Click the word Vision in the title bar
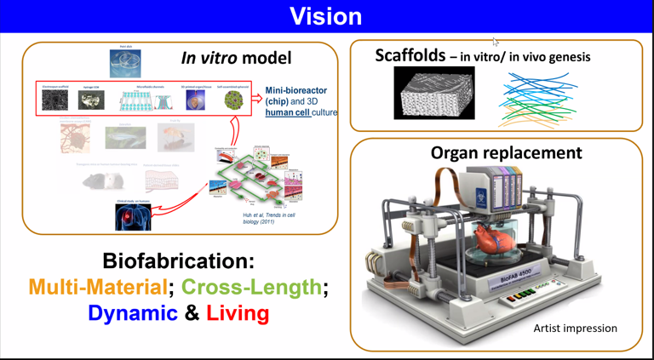pyautogui.click(x=326, y=16)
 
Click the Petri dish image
pyautogui.click(x=125, y=64)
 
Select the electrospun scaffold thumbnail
pyautogui.click(x=55, y=100)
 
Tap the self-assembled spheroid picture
pyautogui.click(x=232, y=100)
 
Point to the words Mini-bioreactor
pyautogui.click(x=295, y=90)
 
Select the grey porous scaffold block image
pyautogui.click(x=434, y=93)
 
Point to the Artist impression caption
pyautogui.click(x=575, y=328)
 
